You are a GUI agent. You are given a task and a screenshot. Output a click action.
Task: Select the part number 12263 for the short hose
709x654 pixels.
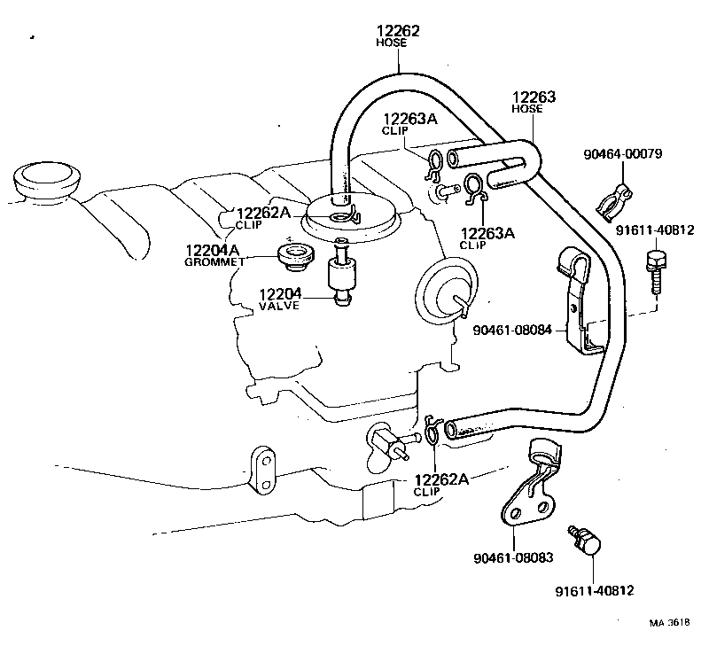tap(534, 97)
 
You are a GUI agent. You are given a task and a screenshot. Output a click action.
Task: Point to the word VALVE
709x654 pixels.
tap(279, 306)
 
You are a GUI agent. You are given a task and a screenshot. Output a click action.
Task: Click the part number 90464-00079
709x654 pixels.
tap(622, 154)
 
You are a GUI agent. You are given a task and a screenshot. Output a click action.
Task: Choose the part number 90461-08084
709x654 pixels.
tap(513, 330)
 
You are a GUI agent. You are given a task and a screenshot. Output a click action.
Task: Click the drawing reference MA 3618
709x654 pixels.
tap(668, 622)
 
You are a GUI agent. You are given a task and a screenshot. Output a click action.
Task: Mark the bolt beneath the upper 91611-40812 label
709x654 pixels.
tap(654, 270)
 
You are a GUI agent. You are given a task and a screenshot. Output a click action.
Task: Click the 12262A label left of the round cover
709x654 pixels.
tap(262, 213)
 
